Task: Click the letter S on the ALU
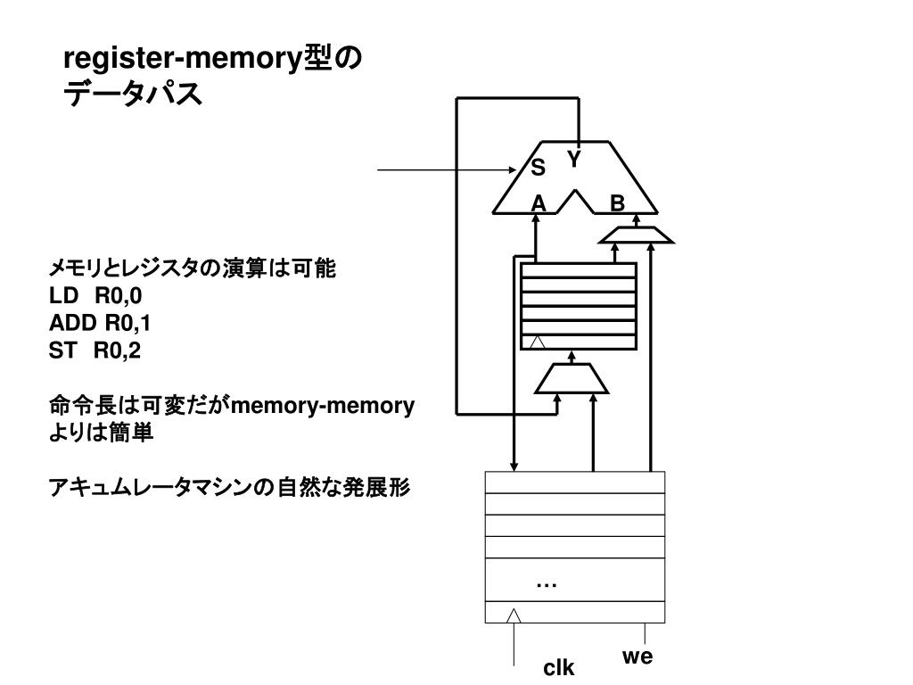pos(539,168)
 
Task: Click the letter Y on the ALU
pos(574,161)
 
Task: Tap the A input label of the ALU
pos(538,204)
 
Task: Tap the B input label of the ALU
pos(617,204)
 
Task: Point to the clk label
pos(560,668)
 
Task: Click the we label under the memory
pos(637,657)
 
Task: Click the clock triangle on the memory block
pos(514,615)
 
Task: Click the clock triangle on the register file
pos(536,342)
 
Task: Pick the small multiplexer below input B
pos(635,235)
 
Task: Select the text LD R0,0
pos(95,295)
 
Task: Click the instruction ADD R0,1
pos(100,323)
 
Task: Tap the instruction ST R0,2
pos(95,351)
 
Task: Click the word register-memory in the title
pos(184,62)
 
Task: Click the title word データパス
pos(133,93)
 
